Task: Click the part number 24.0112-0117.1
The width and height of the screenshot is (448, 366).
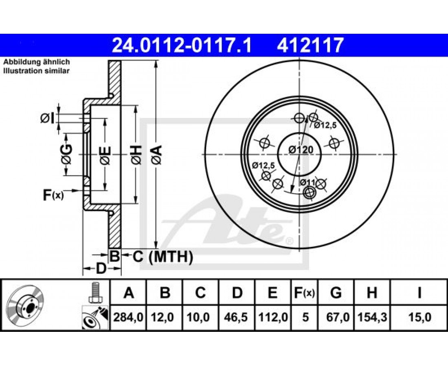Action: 182,46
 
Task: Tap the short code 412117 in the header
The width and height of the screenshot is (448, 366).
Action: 310,46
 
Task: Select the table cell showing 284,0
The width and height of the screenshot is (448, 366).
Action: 128,317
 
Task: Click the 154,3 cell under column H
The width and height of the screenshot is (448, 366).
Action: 372,317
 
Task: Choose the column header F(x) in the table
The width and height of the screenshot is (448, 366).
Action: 305,293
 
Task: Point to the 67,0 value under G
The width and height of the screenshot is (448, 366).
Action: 336,317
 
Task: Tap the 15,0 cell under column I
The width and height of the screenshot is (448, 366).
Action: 419,317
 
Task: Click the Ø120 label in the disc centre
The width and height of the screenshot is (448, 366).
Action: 301,150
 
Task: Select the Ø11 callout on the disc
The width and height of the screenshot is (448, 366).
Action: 307,182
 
